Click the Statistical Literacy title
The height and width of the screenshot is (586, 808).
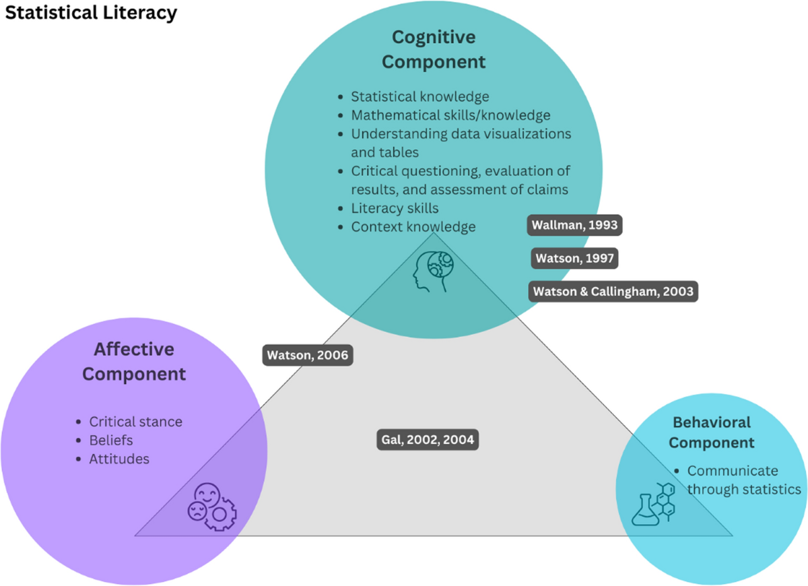tap(91, 13)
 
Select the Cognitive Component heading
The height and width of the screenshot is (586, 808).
tap(438, 48)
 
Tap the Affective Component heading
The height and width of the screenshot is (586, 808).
tap(134, 362)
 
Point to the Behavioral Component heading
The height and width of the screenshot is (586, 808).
tap(712, 432)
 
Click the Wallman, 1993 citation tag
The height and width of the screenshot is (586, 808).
tap(574, 226)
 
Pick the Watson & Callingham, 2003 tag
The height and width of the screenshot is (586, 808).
tap(613, 292)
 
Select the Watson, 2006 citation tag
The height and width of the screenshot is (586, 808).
tap(308, 355)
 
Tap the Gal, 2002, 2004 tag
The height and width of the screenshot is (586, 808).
tap(428, 441)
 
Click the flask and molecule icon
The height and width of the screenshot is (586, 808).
tap(653, 503)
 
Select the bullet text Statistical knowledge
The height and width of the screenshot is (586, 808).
tap(419, 97)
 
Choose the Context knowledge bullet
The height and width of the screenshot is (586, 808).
tap(413, 227)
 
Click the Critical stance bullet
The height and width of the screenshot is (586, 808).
tap(135, 422)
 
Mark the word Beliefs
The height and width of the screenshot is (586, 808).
tap(111, 441)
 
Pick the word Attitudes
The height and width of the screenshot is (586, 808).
tap(119, 459)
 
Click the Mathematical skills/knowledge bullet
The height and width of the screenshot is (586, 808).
tap(450, 115)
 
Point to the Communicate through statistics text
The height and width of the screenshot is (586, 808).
tap(743, 480)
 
